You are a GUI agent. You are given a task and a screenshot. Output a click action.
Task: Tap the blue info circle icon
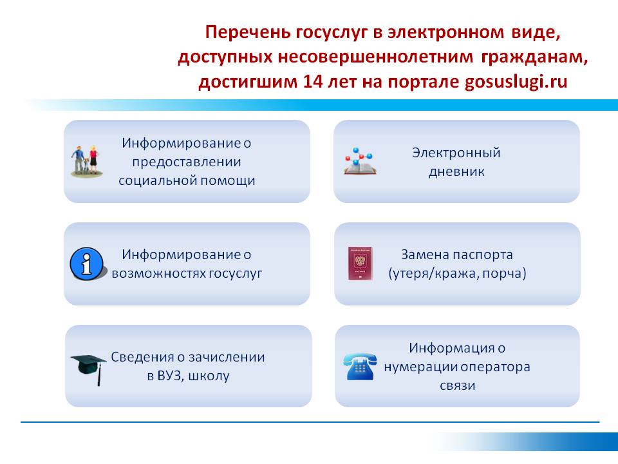(87, 264)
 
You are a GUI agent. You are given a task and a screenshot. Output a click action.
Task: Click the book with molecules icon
(359, 162)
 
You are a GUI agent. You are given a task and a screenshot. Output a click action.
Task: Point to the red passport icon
(360, 264)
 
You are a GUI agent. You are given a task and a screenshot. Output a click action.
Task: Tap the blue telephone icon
(360, 367)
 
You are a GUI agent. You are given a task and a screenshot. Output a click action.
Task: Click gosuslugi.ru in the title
(516, 82)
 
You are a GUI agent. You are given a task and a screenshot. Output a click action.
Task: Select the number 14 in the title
(311, 82)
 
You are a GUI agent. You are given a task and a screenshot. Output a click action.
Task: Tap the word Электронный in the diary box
(456, 152)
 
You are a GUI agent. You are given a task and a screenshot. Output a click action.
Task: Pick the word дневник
(456, 171)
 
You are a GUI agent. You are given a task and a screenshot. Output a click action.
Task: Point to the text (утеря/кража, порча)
(457, 273)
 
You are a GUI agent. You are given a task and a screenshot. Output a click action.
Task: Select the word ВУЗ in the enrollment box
(170, 376)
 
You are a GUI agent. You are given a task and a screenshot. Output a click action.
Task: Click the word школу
(209, 376)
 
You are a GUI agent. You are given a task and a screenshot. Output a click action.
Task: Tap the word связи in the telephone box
(457, 385)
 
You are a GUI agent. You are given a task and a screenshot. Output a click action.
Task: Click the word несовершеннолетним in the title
(375, 57)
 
